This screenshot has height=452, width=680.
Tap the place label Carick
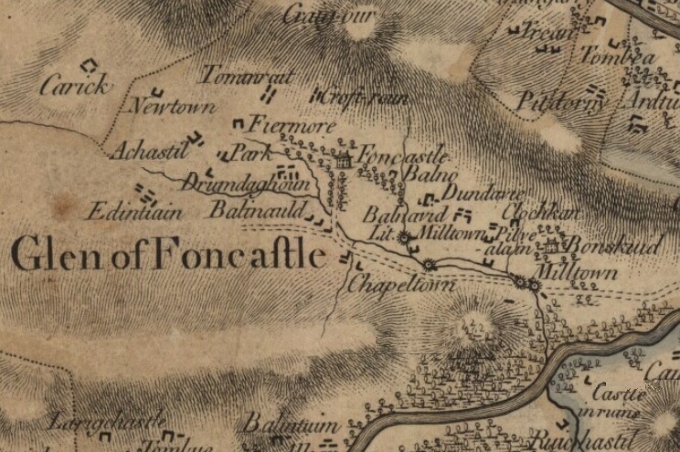point(76,86)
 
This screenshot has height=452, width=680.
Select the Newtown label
point(173,107)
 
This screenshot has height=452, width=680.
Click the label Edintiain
point(134,212)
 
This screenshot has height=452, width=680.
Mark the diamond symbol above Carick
point(89,66)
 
